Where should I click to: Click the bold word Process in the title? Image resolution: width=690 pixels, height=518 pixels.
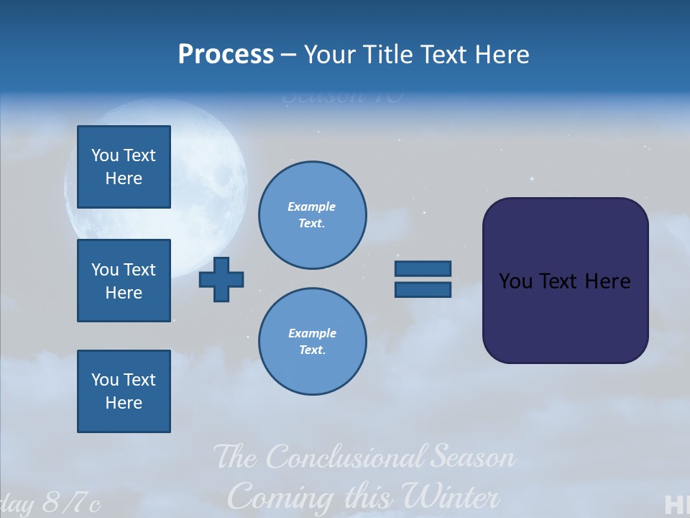(x=226, y=55)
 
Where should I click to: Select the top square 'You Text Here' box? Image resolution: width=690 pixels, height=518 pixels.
(x=124, y=167)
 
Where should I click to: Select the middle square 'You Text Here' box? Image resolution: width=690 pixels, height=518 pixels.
(x=124, y=281)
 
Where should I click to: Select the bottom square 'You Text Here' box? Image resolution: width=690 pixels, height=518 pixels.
(x=124, y=391)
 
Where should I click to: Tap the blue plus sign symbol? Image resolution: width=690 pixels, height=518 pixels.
(x=221, y=279)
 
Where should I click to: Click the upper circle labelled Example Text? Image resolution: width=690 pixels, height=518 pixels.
(x=312, y=215)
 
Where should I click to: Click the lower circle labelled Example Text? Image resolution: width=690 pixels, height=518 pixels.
(x=312, y=342)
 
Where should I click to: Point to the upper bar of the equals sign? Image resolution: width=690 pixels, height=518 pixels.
(x=423, y=268)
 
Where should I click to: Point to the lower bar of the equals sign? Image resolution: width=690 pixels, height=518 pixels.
(x=423, y=289)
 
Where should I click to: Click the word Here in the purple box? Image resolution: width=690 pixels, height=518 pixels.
(x=607, y=281)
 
